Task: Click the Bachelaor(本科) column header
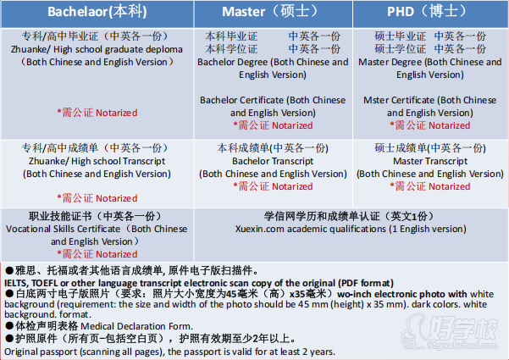click(97, 12)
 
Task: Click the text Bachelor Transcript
click(273, 161)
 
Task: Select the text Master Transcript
click(430, 161)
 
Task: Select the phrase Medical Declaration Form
click(136, 326)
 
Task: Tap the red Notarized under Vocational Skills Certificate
click(117, 254)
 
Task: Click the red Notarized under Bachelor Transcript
click(292, 186)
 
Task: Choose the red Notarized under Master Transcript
click(449, 186)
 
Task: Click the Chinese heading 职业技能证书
click(60, 216)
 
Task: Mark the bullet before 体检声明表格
click(9, 325)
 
